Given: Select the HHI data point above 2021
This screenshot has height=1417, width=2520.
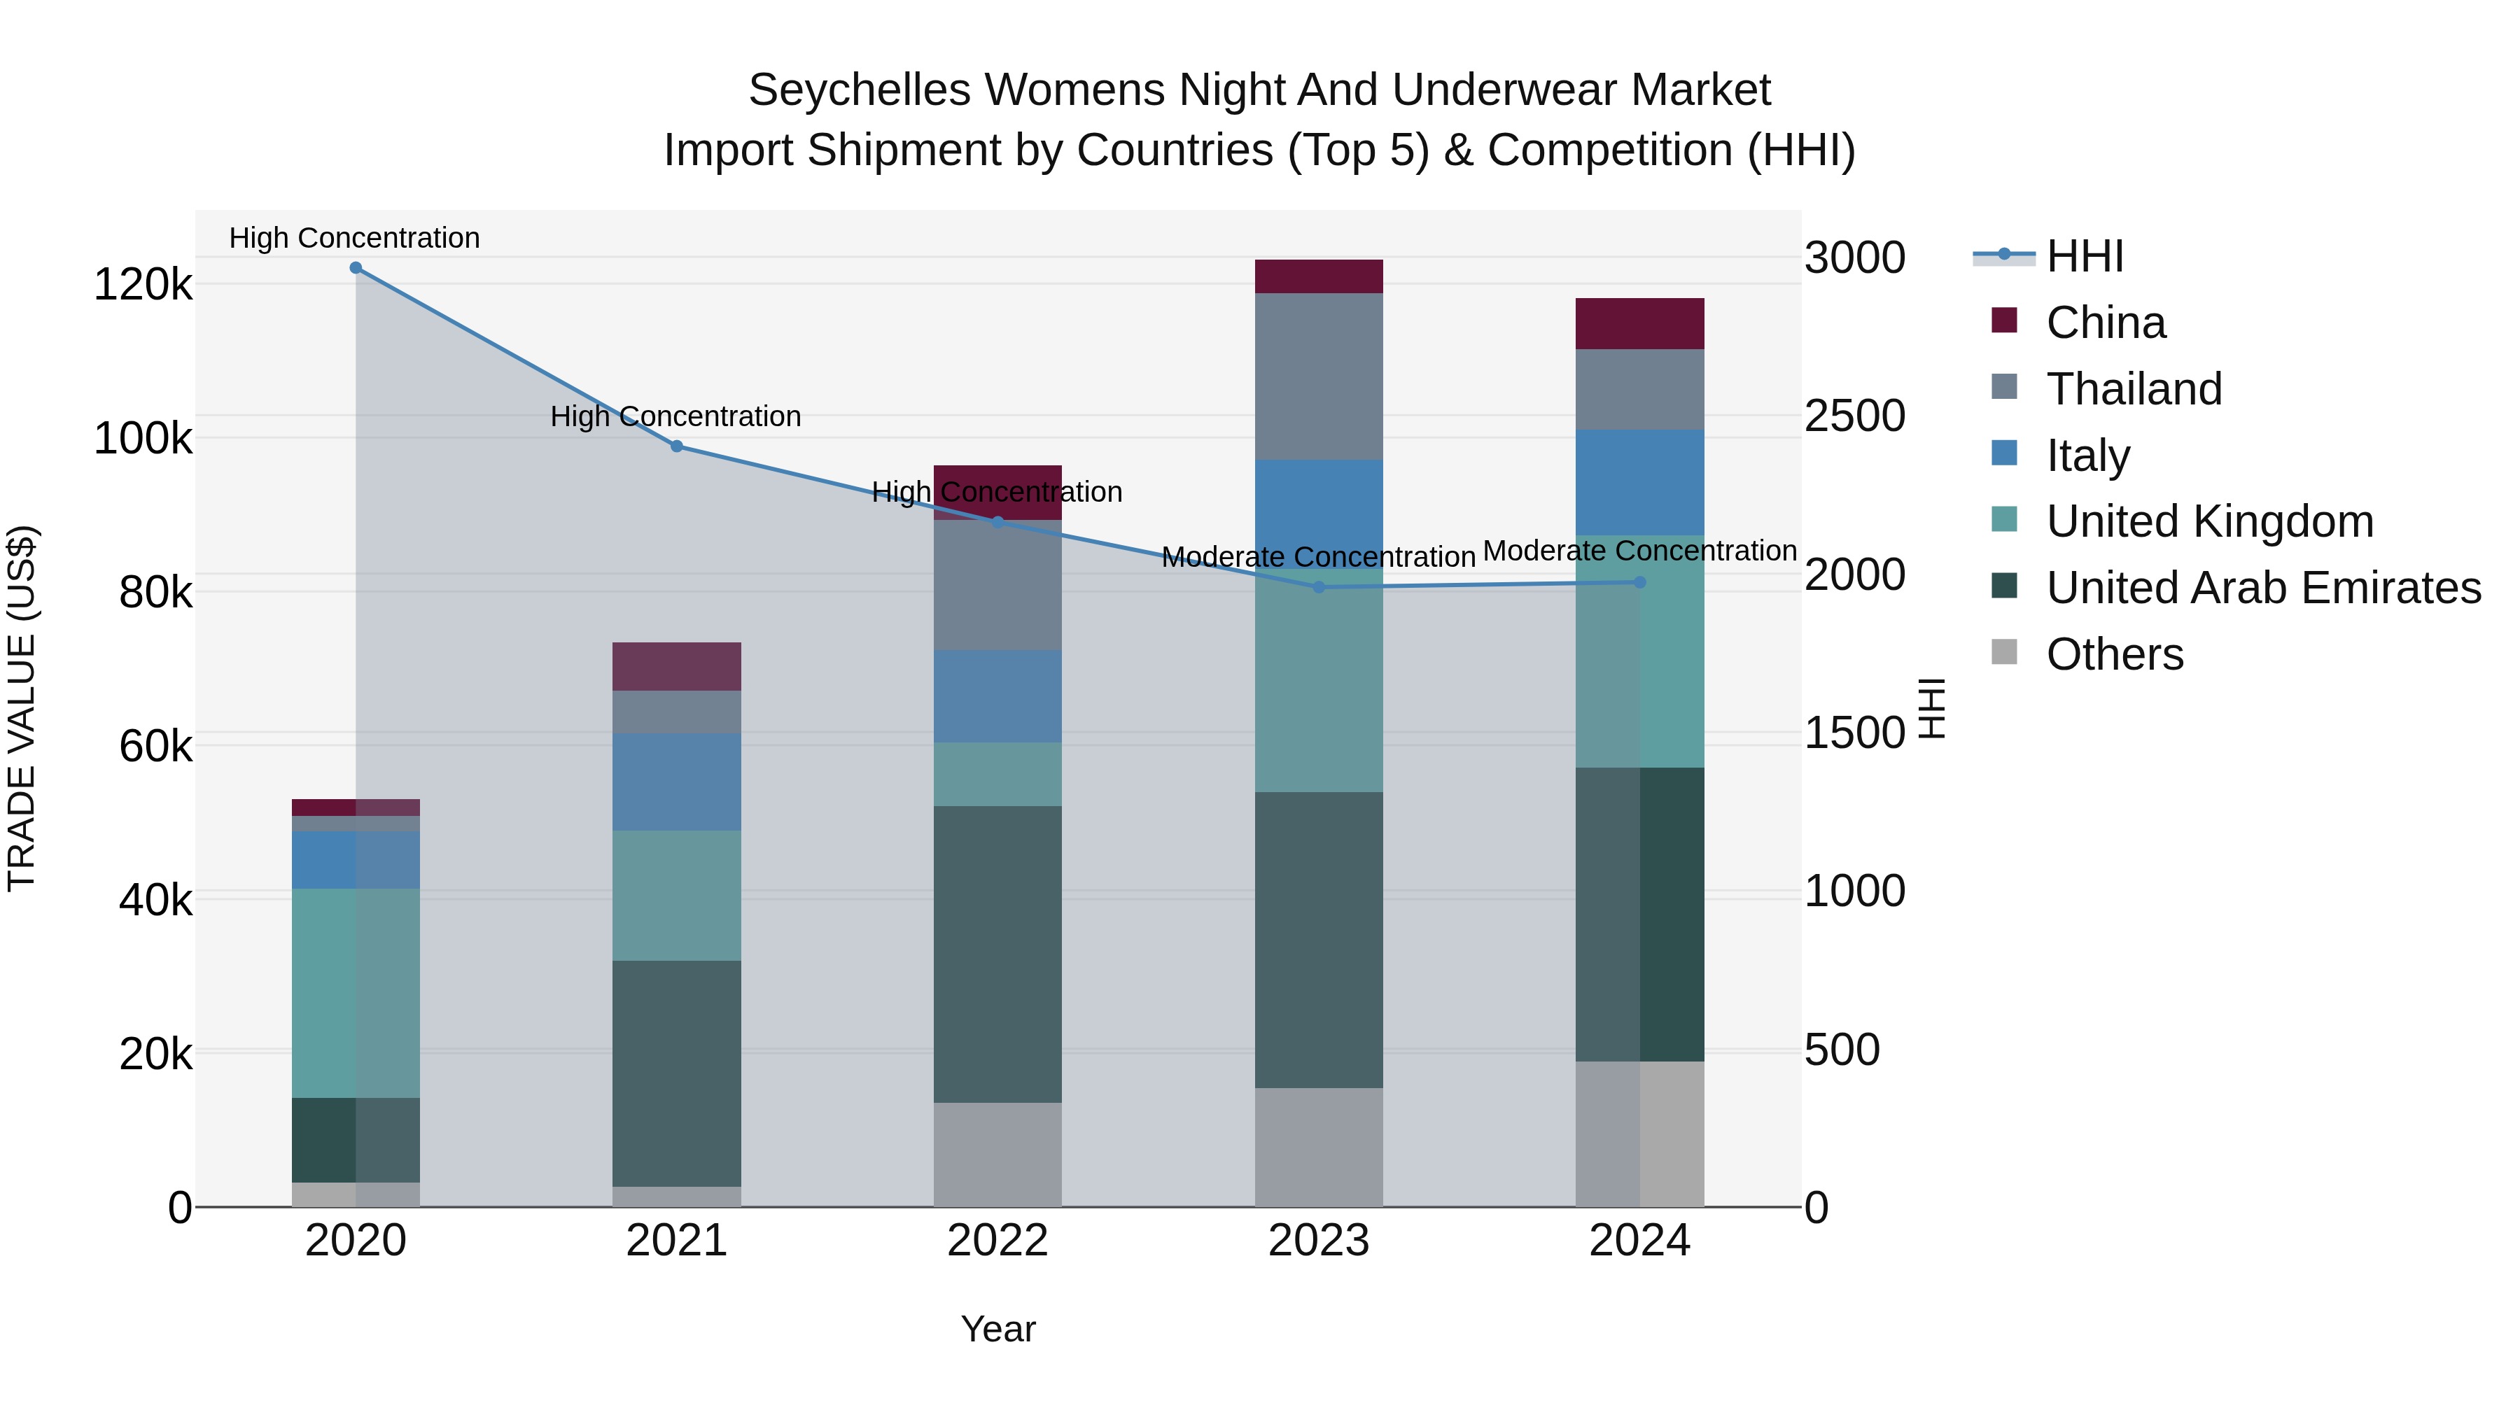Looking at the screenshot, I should [676, 446].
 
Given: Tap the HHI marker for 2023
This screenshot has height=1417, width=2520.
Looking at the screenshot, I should [1319, 587].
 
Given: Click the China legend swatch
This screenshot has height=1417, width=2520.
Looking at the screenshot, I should [2005, 320].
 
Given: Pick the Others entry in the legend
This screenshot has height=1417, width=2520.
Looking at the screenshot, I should [2114, 655].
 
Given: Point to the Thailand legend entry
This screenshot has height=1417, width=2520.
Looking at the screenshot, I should [2134, 389].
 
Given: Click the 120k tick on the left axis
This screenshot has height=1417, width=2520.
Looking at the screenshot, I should [143, 285].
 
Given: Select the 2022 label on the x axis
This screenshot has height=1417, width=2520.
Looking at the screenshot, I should [997, 1241].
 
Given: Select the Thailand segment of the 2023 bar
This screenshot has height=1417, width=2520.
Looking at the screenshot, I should [1319, 376].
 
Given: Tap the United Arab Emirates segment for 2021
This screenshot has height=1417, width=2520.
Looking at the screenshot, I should [676, 1073].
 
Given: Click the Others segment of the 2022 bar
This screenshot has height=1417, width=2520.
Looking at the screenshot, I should [997, 1154].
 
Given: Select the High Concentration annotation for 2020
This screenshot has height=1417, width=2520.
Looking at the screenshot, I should [354, 239].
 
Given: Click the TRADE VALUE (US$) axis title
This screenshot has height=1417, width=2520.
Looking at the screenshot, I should [22, 708].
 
